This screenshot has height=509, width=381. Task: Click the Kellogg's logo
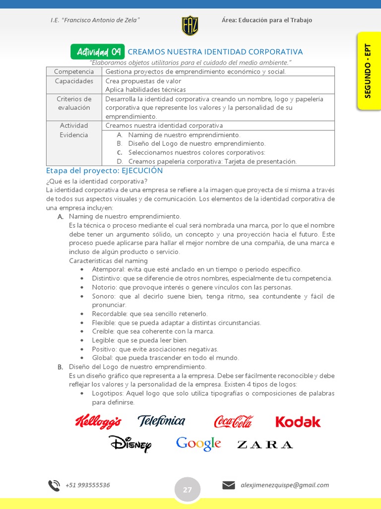tap(98, 422)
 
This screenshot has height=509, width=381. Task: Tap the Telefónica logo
tap(161, 421)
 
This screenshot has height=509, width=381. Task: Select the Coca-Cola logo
tap(233, 422)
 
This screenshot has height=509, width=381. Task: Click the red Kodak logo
tap(298, 422)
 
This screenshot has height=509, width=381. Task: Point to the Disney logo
tap(130, 443)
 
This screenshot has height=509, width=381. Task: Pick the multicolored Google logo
tap(198, 443)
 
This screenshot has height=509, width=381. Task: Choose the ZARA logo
tap(265, 444)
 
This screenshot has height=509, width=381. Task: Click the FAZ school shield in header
tap(190, 25)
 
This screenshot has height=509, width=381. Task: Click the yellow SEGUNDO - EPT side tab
tap(368, 71)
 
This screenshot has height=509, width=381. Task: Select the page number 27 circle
tap(188, 490)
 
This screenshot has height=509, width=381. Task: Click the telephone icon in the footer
tap(54, 485)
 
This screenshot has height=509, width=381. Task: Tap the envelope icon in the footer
tap(229, 485)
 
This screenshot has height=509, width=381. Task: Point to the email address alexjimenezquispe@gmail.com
tap(284, 485)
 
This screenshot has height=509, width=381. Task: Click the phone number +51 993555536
tap(88, 485)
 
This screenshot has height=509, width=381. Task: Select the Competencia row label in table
tap(74, 72)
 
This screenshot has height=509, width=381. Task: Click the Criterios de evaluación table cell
tap(74, 103)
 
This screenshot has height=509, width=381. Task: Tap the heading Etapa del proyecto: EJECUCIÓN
tap(104, 170)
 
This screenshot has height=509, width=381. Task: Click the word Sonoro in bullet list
tap(103, 296)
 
